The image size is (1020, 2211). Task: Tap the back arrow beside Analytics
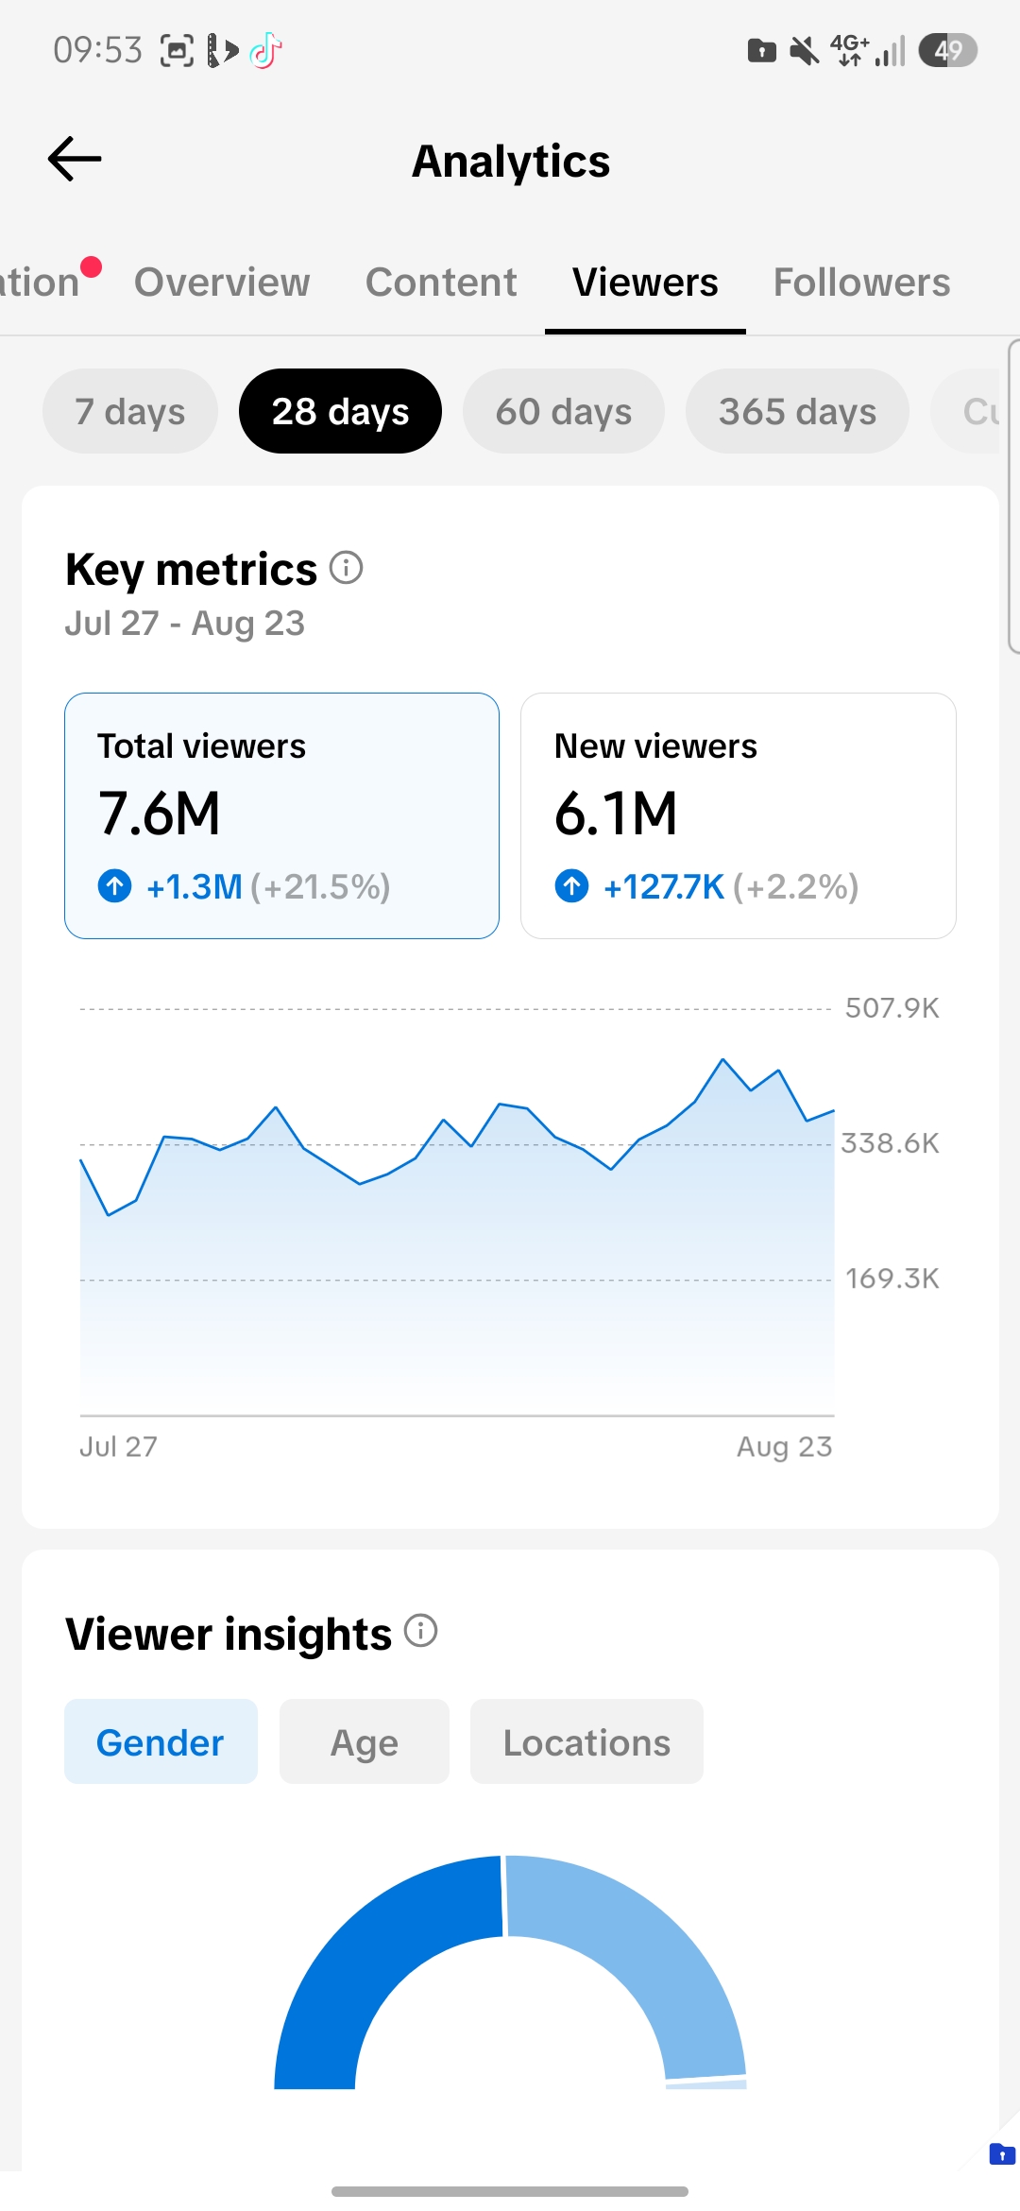point(75,159)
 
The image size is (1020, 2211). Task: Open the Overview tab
point(222,283)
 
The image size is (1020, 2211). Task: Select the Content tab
point(441,283)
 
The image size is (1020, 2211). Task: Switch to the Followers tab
point(861,283)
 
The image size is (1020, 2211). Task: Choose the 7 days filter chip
point(130,411)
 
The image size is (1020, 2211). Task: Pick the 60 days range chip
point(564,411)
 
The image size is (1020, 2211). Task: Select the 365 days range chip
point(797,411)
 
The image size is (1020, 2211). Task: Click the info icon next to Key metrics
point(347,568)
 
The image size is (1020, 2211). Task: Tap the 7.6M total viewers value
point(159,814)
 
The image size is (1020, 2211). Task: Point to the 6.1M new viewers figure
point(616,814)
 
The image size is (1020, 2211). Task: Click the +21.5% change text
point(320,887)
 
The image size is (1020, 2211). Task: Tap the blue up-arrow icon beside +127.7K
point(571,886)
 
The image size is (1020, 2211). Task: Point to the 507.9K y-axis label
point(892,1008)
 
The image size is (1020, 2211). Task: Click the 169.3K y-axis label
point(892,1278)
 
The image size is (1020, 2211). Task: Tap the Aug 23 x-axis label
point(785,1447)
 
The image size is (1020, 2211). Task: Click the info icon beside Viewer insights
point(421,1630)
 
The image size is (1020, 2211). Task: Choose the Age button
point(365,1741)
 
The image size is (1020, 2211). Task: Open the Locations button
point(586,1741)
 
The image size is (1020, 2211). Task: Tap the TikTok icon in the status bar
point(265,50)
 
